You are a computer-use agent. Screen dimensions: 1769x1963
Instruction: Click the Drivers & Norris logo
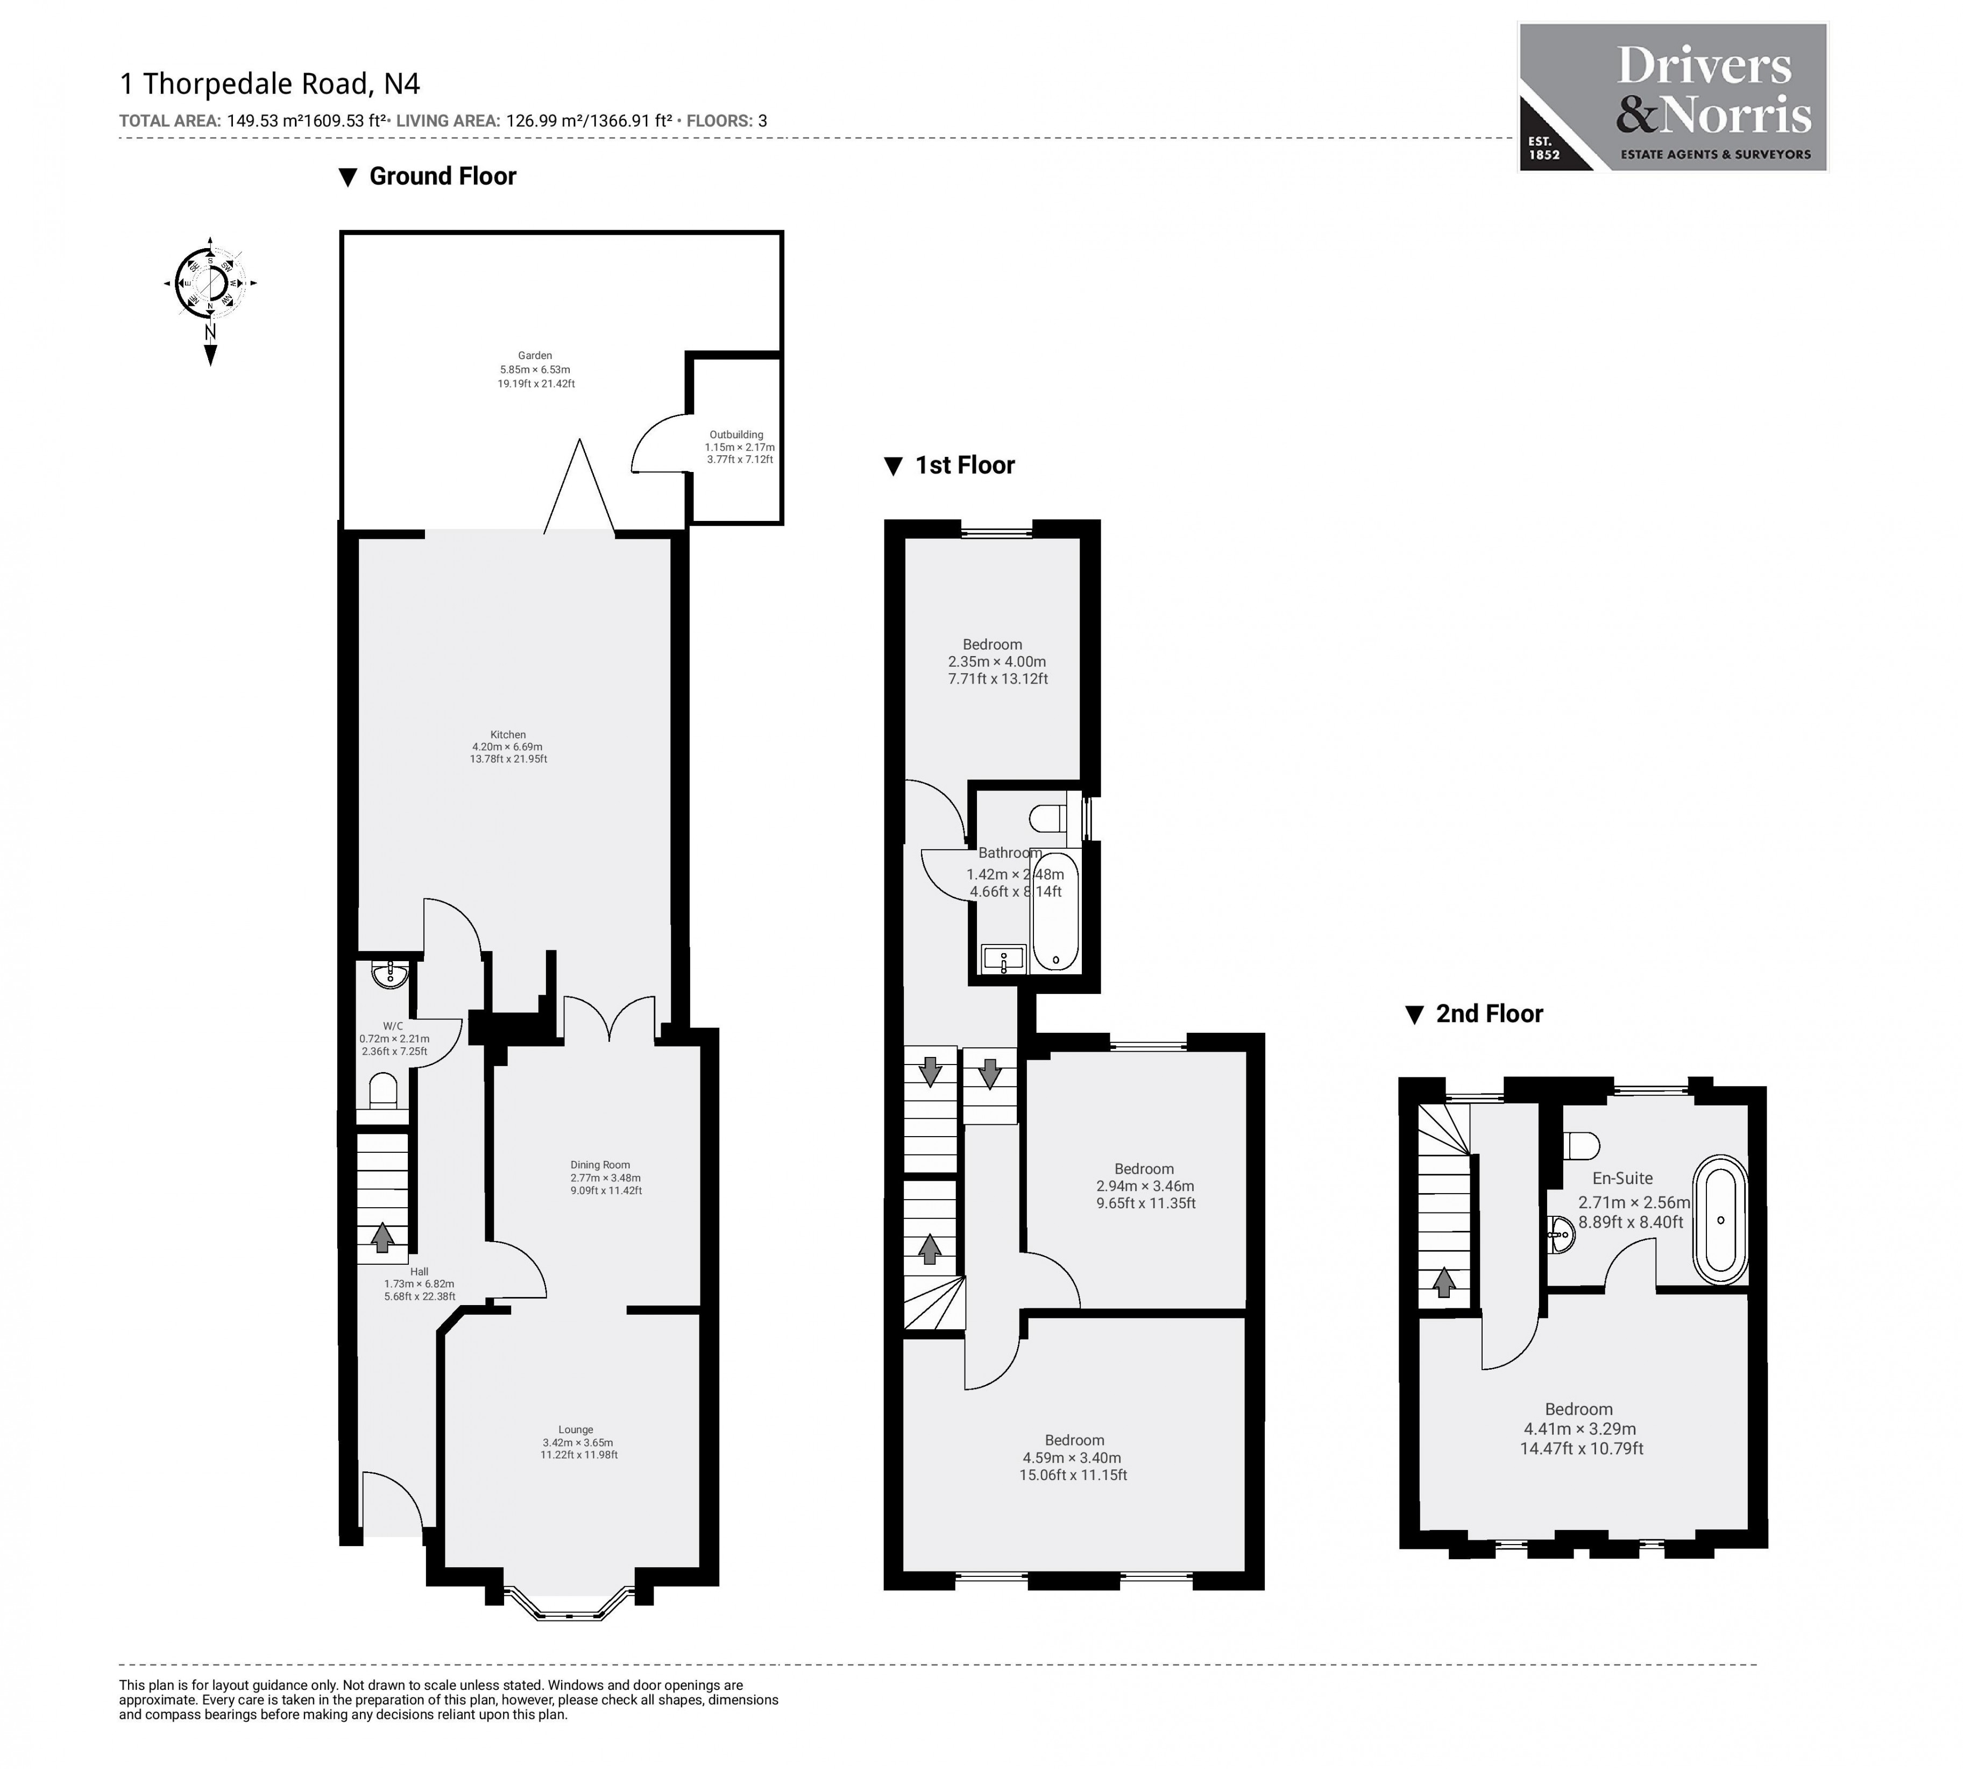coord(1671,97)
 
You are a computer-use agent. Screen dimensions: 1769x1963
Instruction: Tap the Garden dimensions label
coord(535,369)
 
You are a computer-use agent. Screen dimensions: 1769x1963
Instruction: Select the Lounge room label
coord(577,1442)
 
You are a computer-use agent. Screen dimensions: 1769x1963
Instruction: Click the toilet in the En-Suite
coord(1582,1145)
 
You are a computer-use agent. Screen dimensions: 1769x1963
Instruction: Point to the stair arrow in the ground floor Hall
coord(382,1236)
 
